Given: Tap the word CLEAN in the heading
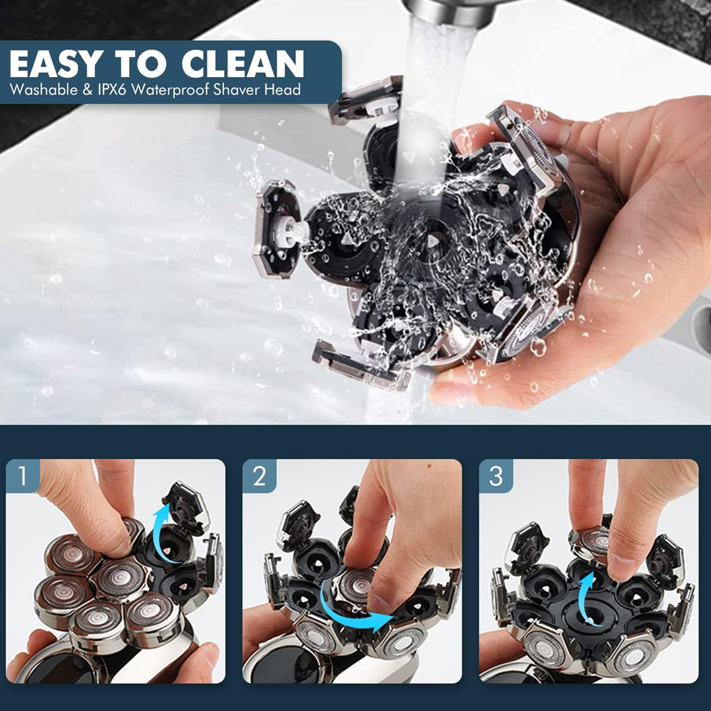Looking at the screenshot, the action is (x=243, y=64).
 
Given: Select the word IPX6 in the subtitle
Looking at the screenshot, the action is (x=114, y=89).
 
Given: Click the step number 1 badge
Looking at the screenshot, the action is (x=23, y=476).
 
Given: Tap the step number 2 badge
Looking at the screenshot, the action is (x=259, y=476).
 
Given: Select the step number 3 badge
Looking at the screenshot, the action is (x=495, y=476).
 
